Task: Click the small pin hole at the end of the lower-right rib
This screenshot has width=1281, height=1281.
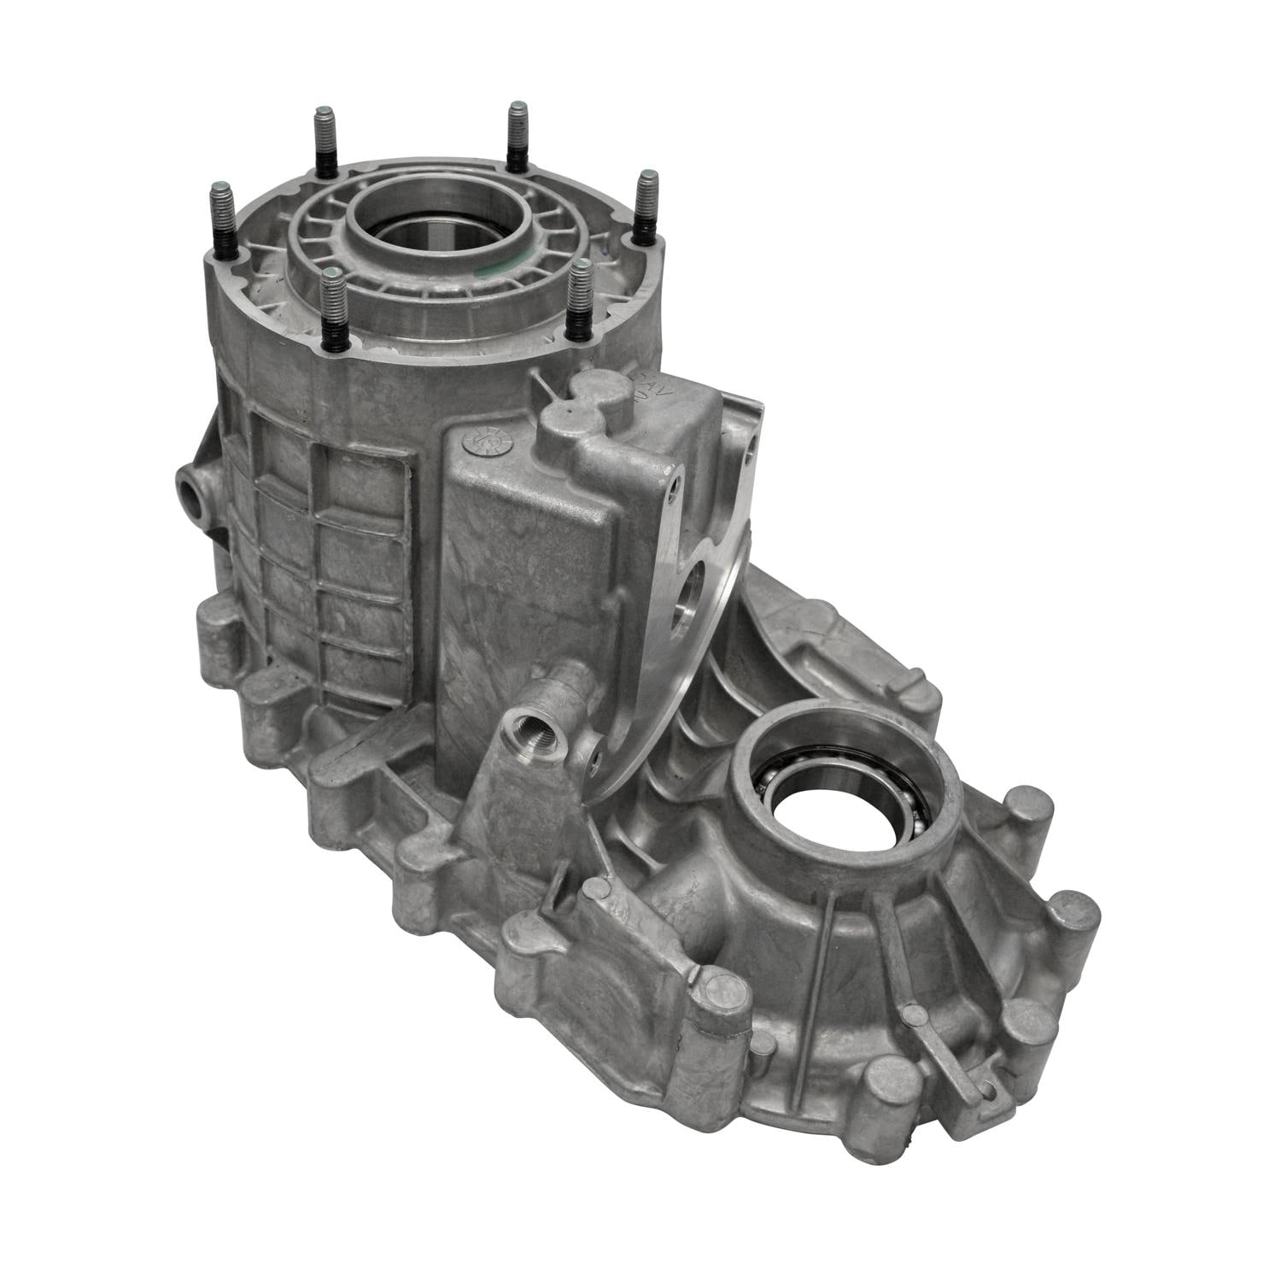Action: (989, 1091)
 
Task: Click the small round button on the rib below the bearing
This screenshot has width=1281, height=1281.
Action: (915, 1014)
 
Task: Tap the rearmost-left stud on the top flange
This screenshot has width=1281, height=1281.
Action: (325, 141)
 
